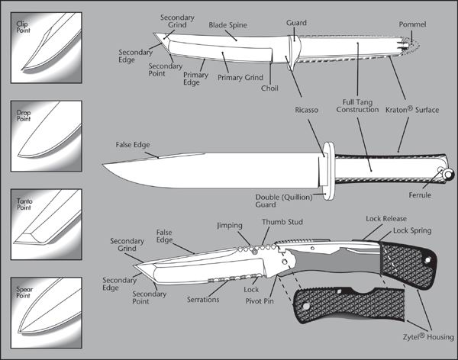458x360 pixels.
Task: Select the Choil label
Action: [x=269, y=88]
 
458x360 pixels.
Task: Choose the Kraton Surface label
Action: [x=417, y=110]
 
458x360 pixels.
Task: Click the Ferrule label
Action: [x=434, y=195]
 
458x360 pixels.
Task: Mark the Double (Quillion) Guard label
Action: [x=279, y=200]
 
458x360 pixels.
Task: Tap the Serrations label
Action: [x=203, y=300]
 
